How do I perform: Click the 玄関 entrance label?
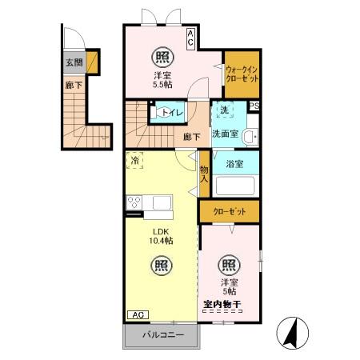(x=74, y=62)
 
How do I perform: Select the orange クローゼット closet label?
(x=230, y=212)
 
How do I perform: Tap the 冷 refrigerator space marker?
(x=134, y=160)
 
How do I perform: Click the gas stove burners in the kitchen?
(x=134, y=202)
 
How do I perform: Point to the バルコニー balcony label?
(x=163, y=335)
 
